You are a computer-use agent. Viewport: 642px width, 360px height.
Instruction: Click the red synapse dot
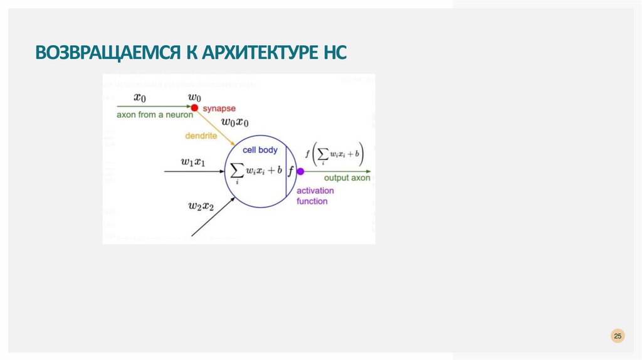pos(194,108)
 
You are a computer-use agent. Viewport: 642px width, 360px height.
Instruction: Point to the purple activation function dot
pos(300,171)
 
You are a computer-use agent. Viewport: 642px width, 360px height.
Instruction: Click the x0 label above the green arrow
pos(140,97)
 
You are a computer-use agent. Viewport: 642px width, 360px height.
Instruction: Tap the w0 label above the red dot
pos(194,97)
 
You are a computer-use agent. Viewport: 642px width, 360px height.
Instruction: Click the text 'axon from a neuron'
pos(154,115)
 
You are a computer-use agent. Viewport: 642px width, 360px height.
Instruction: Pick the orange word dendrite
pos(201,135)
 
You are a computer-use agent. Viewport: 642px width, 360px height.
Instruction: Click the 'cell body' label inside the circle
pos(260,150)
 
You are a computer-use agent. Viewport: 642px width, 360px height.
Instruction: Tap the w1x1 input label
pos(193,162)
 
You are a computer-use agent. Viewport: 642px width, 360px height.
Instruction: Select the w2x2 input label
pos(201,205)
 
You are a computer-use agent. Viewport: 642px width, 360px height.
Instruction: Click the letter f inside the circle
pos(291,171)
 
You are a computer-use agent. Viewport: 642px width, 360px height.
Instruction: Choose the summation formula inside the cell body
pos(256,171)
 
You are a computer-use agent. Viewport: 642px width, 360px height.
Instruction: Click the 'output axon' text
pos(347,178)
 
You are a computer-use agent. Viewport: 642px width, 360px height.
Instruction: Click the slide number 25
pos(618,337)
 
